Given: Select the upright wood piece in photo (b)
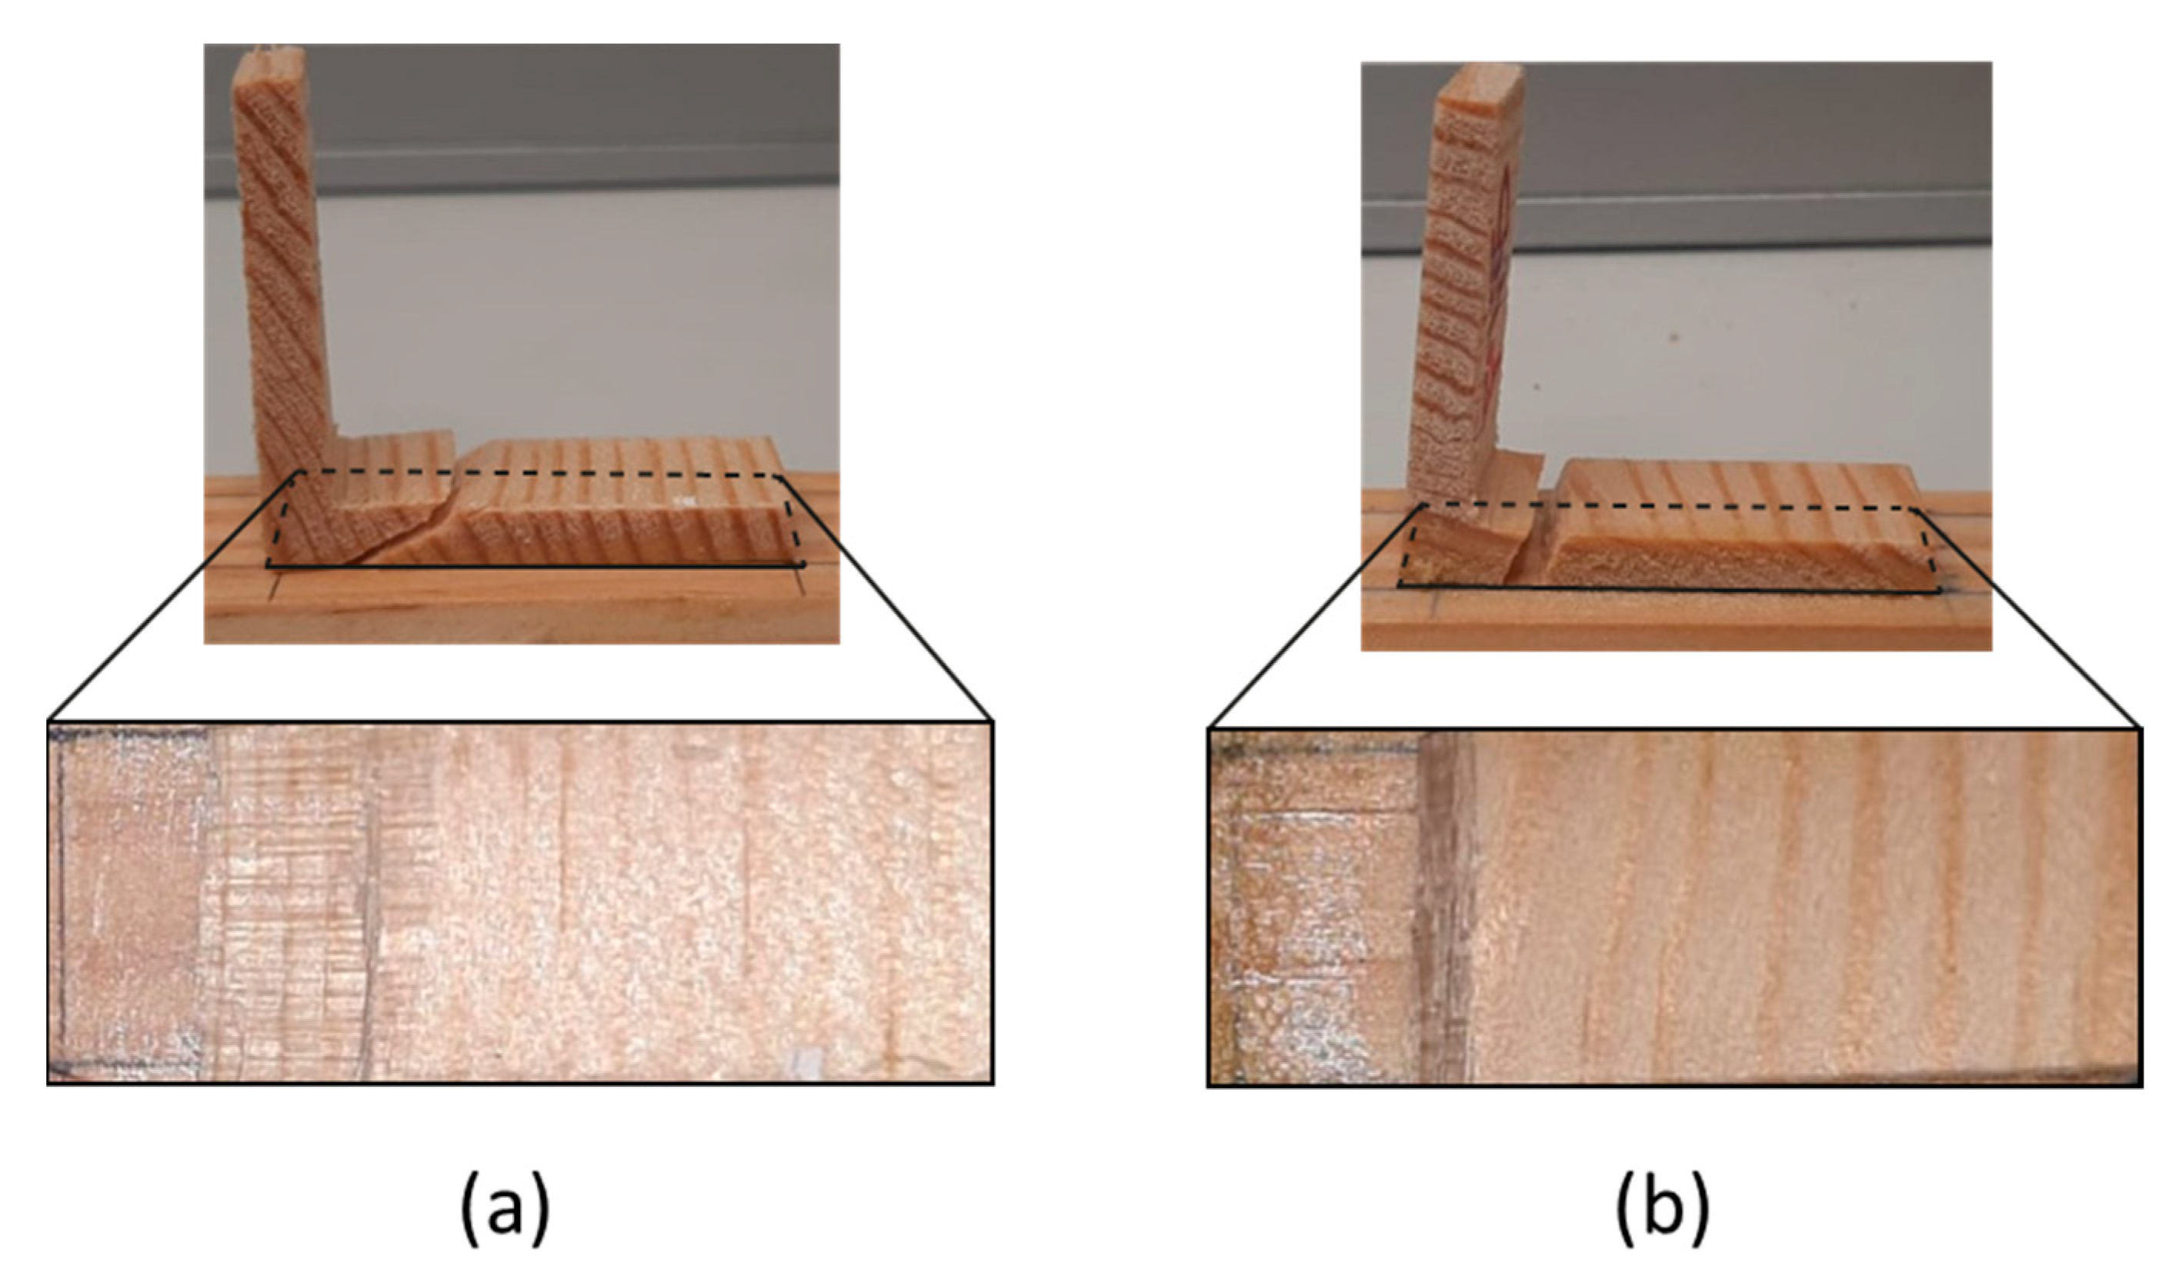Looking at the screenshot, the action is pos(1463,285).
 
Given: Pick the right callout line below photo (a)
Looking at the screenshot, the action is pos(896,642).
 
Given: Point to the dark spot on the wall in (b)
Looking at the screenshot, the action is pos(1674,335).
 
